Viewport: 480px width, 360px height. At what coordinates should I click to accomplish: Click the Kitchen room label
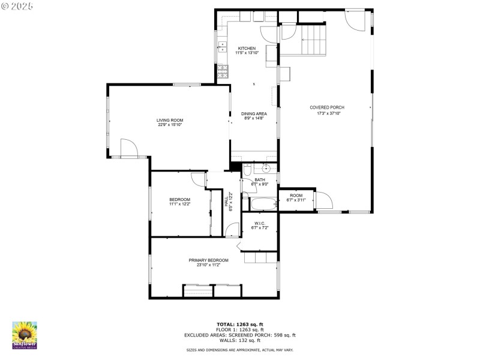[247, 49]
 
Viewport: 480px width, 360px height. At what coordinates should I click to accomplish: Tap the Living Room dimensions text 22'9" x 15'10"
[170, 125]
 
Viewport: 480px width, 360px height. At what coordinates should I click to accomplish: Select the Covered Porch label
[327, 107]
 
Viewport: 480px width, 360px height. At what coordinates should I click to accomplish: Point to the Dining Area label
[254, 113]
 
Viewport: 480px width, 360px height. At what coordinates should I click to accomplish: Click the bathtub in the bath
[263, 204]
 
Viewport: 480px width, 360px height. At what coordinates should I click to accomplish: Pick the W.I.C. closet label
[260, 223]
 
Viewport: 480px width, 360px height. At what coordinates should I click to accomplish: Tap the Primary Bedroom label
[208, 260]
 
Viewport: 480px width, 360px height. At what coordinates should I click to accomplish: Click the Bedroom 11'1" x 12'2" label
[179, 199]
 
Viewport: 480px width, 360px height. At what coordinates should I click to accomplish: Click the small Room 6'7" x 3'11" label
[296, 195]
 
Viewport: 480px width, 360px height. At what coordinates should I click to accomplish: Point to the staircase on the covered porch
[311, 39]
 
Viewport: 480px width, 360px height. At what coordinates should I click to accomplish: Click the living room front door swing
[128, 148]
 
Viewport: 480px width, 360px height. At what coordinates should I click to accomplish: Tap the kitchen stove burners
[223, 71]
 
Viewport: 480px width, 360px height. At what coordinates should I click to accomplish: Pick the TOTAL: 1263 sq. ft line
[239, 325]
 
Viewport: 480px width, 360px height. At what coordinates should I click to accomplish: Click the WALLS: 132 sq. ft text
[239, 340]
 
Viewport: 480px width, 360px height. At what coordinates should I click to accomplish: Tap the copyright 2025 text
[17, 5]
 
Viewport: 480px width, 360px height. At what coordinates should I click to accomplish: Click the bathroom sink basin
[264, 169]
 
